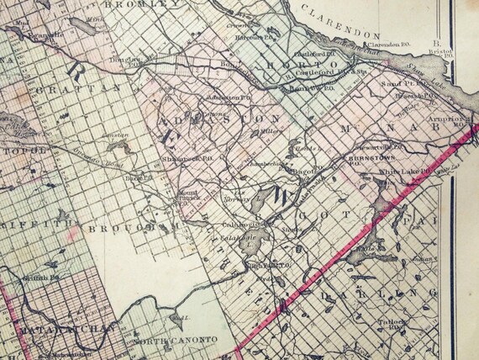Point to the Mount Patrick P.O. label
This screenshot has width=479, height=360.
pos(187,195)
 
